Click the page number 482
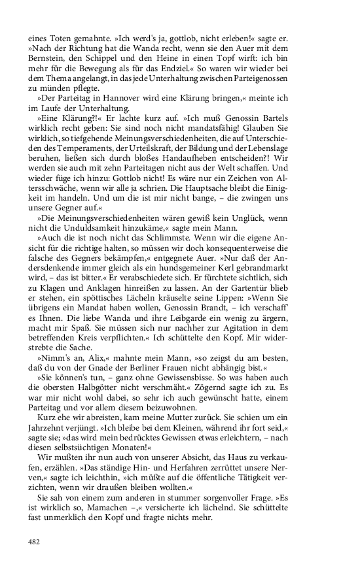tap(35, 542)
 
